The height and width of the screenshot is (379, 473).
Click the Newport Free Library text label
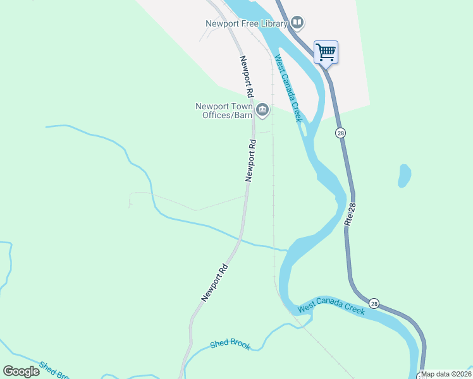click(x=247, y=24)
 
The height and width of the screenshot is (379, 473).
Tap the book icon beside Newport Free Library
click(x=297, y=24)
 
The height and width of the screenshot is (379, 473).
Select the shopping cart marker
click(x=326, y=52)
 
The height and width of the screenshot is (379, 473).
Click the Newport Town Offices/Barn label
click(x=224, y=111)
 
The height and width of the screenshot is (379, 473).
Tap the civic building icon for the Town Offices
click(x=262, y=111)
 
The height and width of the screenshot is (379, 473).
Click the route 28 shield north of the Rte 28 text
click(x=341, y=133)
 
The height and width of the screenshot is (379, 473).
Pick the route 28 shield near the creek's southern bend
click(x=375, y=304)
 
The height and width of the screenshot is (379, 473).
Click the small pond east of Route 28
click(x=404, y=176)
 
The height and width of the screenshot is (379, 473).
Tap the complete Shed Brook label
click(x=230, y=344)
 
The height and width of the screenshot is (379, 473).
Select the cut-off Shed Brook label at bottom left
click(x=53, y=370)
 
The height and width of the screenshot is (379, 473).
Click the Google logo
click(x=21, y=371)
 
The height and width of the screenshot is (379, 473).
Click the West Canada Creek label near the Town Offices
click(x=288, y=88)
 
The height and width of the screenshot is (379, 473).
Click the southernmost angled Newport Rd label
click(x=215, y=282)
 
